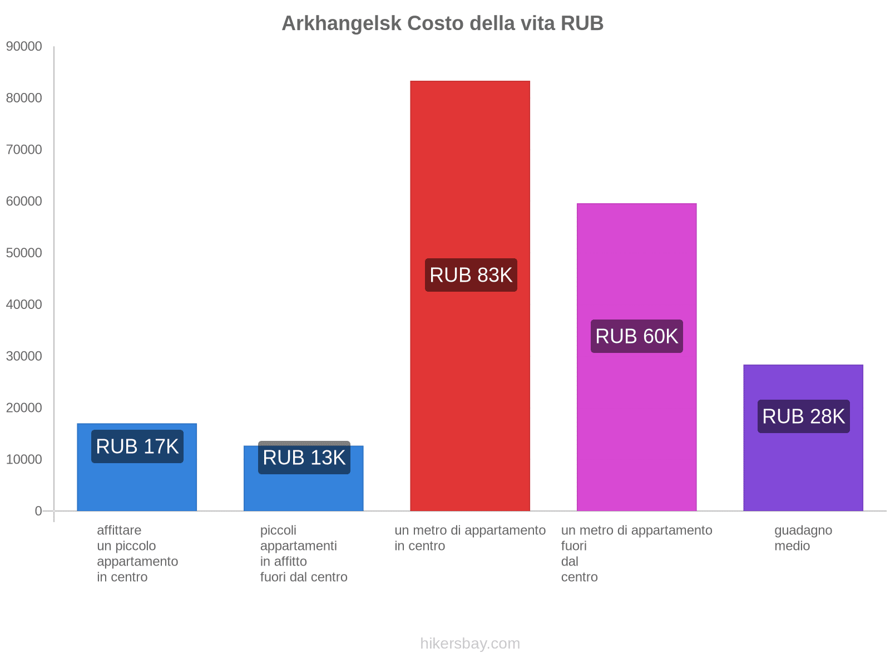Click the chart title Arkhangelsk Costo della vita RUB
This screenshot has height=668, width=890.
pos(442,23)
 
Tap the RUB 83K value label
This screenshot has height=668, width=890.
pos(471,275)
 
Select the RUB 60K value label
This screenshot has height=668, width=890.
pos(636,336)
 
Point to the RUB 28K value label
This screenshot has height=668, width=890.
pos(803,416)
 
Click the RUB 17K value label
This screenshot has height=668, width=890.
pos(137,446)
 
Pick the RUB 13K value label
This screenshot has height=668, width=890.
pos(304,458)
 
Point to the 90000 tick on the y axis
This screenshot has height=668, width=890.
pos(24,46)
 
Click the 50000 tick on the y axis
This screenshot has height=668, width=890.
pos(24,253)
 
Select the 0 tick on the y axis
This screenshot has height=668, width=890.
pos(38,510)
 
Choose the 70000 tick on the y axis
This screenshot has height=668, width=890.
pos(24,149)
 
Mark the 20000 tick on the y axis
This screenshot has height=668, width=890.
pos(24,407)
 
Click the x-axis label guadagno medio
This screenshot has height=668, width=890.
pos(803,538)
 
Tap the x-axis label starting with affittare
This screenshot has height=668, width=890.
pos(137,553)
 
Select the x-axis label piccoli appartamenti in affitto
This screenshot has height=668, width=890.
pos(304,553)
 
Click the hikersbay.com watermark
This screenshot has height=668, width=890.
pos(470,644)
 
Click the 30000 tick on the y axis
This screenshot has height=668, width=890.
pos(24,356)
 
